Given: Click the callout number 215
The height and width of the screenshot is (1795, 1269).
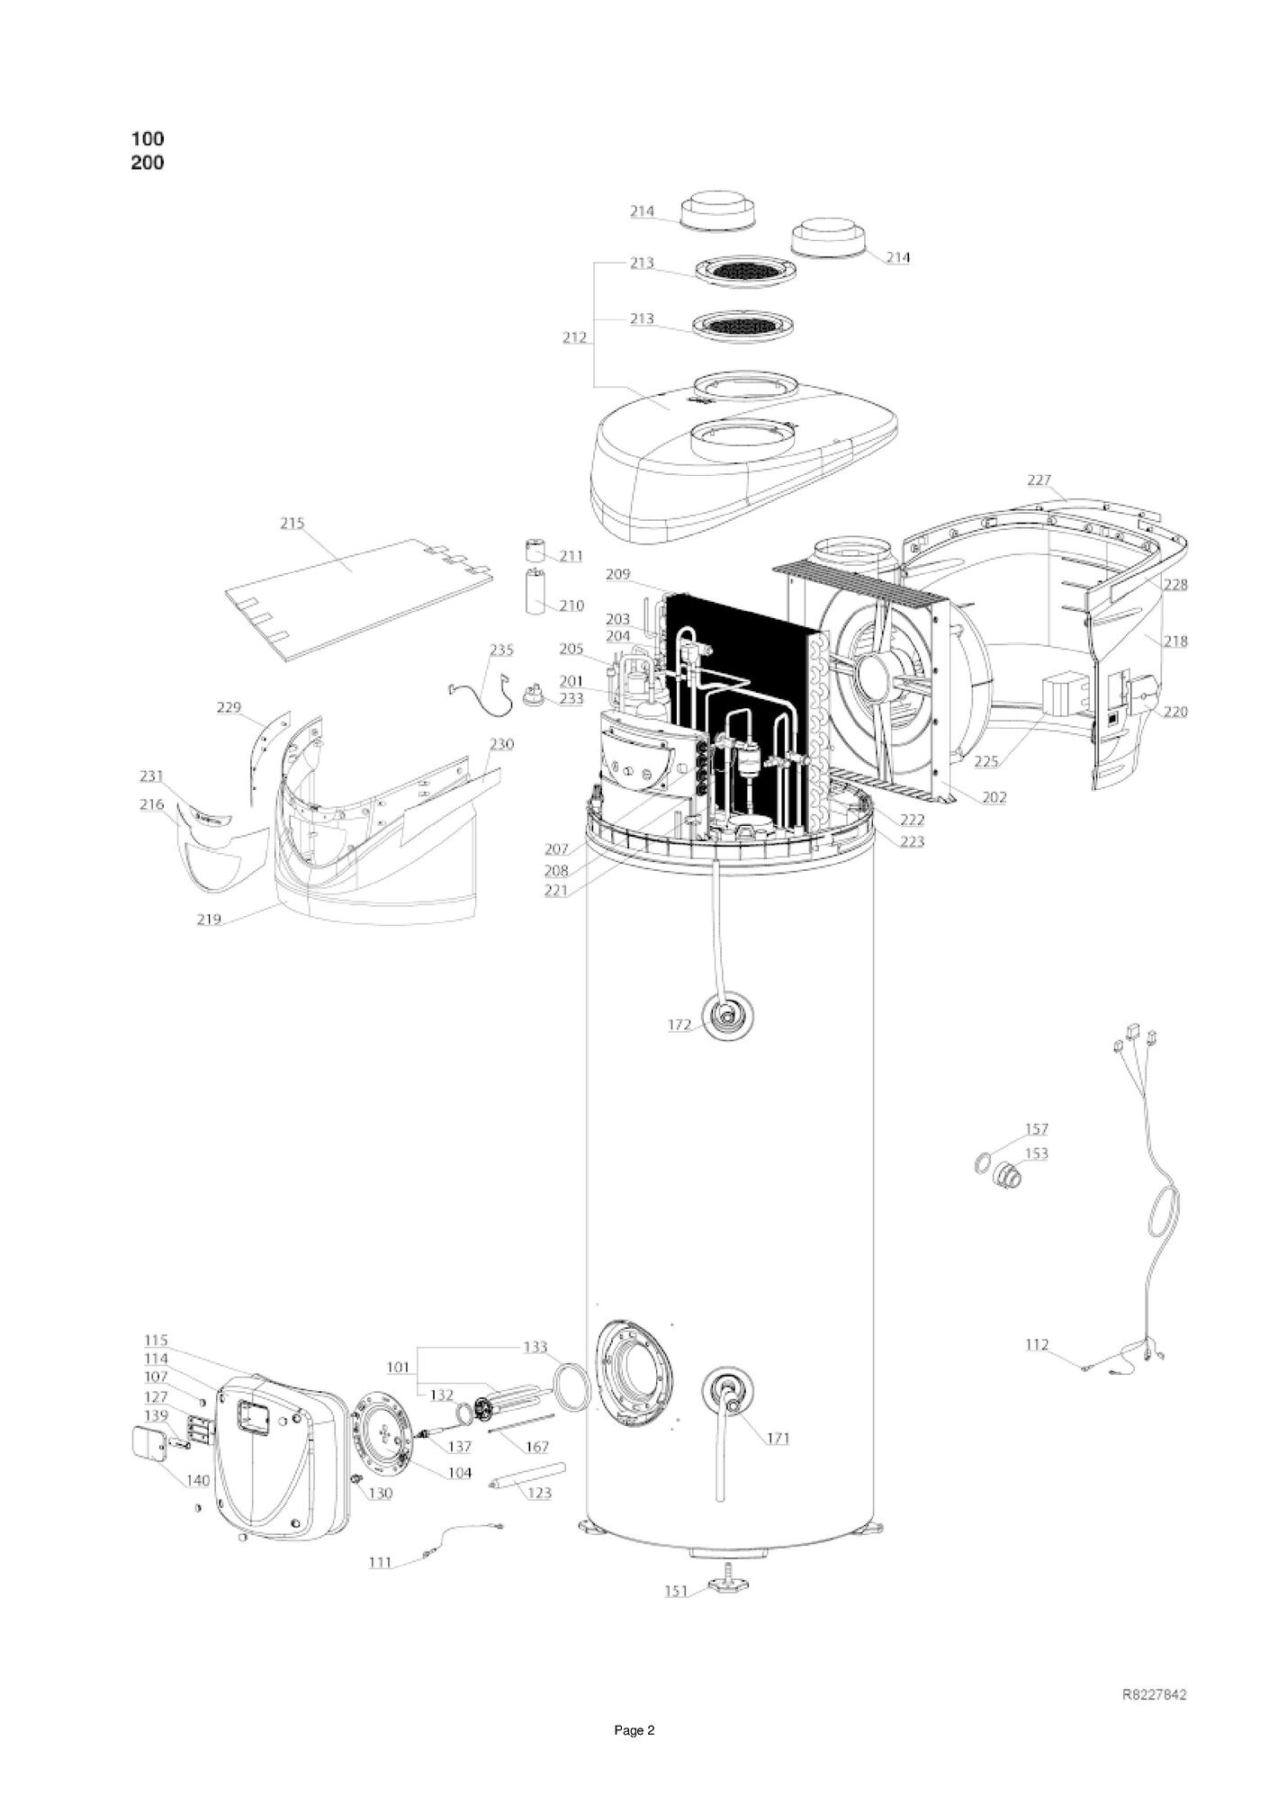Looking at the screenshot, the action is [x=292, y=523].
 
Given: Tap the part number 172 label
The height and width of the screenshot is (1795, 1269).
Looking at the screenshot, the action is [x=679, y=1025].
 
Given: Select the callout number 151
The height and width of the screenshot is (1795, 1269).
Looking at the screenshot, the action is [x=677, y=1592].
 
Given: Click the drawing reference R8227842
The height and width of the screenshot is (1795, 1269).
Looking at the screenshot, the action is [x=1155, y=1695].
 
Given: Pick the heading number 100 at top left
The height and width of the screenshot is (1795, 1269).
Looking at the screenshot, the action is [x=148, y=139].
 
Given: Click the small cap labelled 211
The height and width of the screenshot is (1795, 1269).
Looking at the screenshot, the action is [x=537, y=549].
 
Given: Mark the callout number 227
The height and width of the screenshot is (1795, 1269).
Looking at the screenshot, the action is [x=1039, y=480].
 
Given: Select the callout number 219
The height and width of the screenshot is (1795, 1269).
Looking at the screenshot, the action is [x=210, y=920].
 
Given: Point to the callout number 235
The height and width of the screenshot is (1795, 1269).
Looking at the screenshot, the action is [x=501, y=650].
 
